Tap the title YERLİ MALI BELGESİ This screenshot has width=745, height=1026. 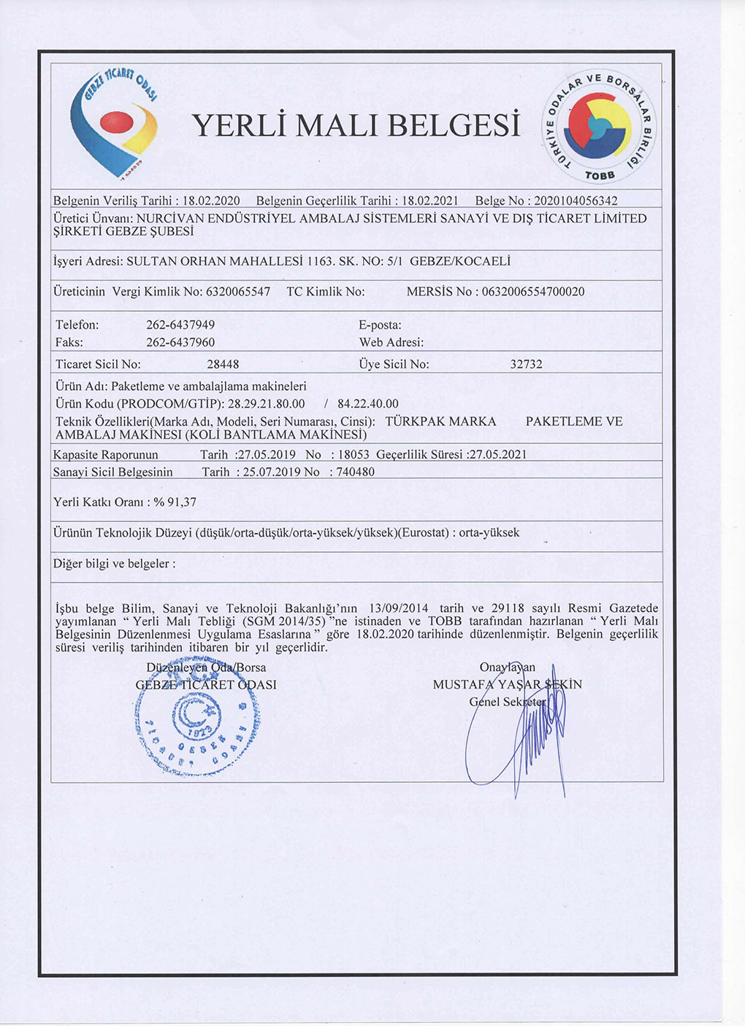[x=356, y=126]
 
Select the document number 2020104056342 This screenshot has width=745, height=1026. [x=576, y=201]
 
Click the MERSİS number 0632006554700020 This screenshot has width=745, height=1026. [x=533, y=292]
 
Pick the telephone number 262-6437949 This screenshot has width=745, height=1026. [x=180, y=325]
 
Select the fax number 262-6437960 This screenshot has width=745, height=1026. [x=180, y=342]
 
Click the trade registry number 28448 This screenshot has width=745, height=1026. [x=223, y=364]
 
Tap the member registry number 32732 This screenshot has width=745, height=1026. [x=526, y=364]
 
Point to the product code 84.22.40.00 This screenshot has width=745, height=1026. [x=368, y=404]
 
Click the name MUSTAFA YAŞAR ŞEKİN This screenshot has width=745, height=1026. [x=507, y=685]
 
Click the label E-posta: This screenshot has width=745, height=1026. [x=380, y=325]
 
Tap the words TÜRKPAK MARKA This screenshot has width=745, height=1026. [x=440, y=421]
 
